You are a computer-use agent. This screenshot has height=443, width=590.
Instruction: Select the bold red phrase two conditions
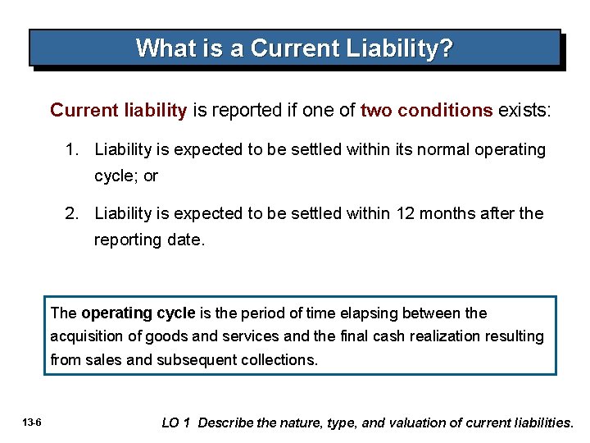(x=427, y=111)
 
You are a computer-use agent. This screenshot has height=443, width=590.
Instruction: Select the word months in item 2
(x=451, y=214)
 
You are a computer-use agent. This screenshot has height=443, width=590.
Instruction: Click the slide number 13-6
(x=34, y=423)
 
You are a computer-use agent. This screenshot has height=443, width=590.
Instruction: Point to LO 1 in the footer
(x=176, y=423)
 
